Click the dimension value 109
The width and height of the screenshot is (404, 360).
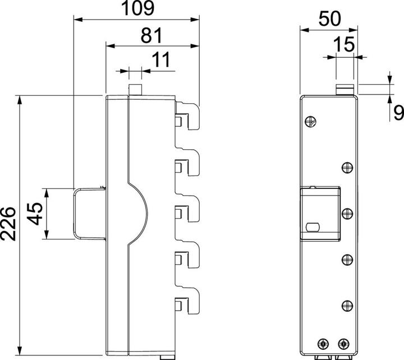(x=138, y=8)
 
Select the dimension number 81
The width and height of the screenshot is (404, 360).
(x=151, y=35)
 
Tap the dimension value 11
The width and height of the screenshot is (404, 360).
(x=161, y=59)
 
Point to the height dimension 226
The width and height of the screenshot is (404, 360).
(x=8, y=224)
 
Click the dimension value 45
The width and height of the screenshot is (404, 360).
(x=35, y=214)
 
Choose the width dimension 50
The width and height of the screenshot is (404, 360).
(x=329, y=19)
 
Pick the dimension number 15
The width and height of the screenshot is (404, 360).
(x=344, y=44)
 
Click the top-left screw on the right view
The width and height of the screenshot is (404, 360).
(x=310, y=122)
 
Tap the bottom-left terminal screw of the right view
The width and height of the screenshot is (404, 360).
(x=324, y=344)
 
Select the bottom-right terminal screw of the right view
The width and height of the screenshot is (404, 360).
(x=343, y=344)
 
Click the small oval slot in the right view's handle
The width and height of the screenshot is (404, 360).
(x=313, y=227)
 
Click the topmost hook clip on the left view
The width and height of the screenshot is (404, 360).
(x=187, y=116)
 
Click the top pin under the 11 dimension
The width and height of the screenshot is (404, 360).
(x=135, y=89)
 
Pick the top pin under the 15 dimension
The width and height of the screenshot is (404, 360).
(x=345, y=89)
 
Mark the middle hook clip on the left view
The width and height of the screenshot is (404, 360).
(x=187, y=208)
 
